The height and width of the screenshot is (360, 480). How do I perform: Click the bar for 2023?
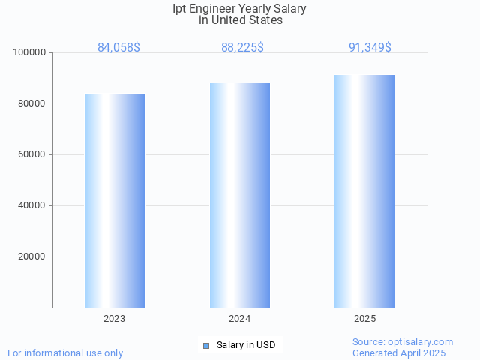[x=115, y=200]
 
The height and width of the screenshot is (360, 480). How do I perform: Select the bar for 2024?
[x=240, y=195]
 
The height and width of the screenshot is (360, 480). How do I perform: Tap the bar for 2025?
[x=364, y=191]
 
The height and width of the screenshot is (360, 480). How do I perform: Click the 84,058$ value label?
[x=118, y=47]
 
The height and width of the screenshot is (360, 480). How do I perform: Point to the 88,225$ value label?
[x=242, y=47]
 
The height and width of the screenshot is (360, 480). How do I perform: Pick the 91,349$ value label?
[x=370, y=47]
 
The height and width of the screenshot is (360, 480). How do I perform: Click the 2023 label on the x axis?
[x=115, y=319]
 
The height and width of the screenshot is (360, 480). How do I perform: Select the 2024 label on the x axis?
[x=240, y=319]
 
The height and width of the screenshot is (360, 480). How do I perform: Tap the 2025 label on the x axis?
[x=365, y=319]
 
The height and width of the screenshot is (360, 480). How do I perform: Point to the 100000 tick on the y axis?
[x=30, y=52]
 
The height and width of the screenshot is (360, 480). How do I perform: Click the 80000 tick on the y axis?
[x=32, y=103]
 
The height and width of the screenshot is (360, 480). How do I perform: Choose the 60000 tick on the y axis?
[x=32, y=154]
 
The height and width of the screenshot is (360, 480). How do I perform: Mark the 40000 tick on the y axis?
[x=32, y=205]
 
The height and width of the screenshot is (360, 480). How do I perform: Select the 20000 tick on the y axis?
[x=32, y=256]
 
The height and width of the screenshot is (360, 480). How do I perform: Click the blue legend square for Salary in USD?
[x=205, y=345]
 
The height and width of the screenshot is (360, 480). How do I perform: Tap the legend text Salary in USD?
[x=246, y=345]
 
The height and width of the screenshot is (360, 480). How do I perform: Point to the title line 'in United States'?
[x=241, y=20]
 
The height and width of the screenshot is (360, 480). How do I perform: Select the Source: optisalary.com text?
[x=403, y=341]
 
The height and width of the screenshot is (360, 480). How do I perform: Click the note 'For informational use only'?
[x=65, y=352]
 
